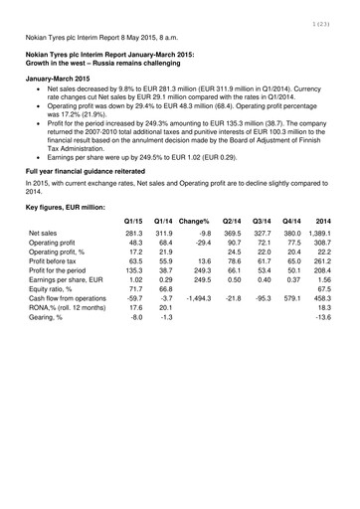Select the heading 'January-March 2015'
65,77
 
